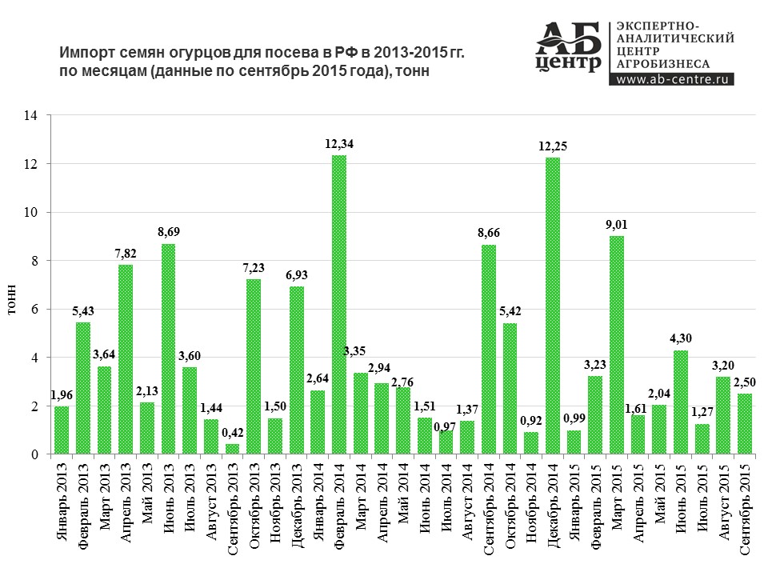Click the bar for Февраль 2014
[339, 305]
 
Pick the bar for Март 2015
[617, 345]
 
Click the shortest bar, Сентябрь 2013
[232, 449]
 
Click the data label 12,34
[339, 144]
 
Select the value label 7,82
[126, 254]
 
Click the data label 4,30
[681, 338]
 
